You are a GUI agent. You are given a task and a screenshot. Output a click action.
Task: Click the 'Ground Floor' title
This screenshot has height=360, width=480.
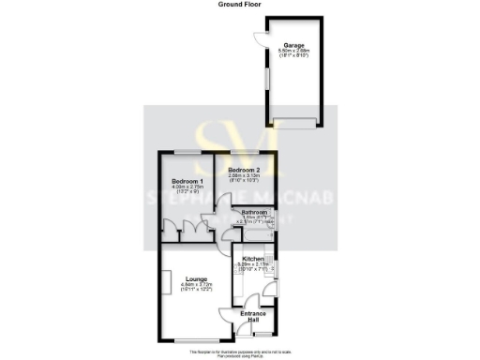pos(239,5)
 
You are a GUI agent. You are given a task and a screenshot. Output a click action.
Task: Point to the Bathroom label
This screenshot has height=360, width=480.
pos(255,213)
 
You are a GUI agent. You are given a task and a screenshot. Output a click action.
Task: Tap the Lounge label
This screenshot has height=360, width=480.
pos(196,278)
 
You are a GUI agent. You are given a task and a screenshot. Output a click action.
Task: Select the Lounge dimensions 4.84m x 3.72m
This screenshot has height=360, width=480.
pos(196,286)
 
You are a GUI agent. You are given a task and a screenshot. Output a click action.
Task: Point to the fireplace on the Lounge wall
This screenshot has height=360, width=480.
pos(161,281)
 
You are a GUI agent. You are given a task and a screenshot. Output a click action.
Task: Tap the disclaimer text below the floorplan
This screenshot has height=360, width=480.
pos(239,352)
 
